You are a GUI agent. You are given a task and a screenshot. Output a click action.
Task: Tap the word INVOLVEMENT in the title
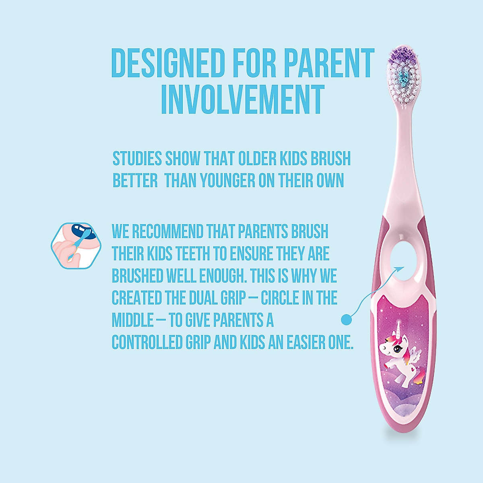[x=243, y=99]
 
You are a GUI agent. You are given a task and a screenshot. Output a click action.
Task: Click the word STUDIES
[x=137, y=159]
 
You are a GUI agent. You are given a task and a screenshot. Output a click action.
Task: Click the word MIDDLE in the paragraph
[x=133, y=320]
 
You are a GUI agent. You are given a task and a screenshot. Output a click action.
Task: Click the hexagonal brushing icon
[x=73, y=246]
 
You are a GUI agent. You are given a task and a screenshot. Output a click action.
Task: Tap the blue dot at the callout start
[x=346, y=320]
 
